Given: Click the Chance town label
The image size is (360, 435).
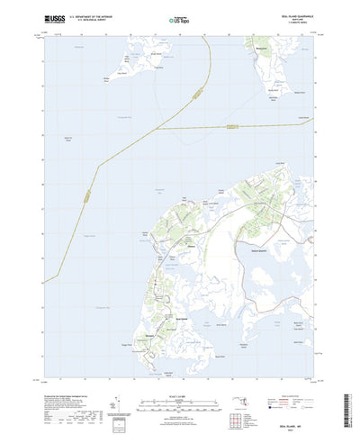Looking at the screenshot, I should point(191,242).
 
